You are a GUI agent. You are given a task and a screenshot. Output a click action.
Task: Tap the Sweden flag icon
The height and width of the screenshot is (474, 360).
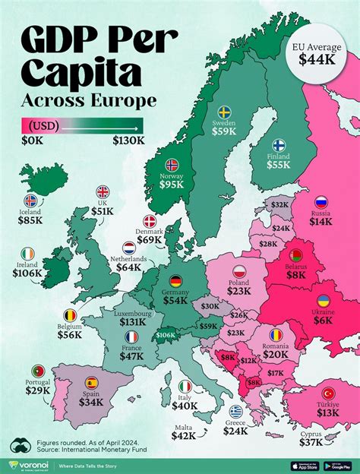(226, 111)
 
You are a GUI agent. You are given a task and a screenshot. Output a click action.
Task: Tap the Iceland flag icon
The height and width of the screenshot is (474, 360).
(30, 201)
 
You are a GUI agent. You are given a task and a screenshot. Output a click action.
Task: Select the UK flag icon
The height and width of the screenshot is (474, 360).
(102, 193)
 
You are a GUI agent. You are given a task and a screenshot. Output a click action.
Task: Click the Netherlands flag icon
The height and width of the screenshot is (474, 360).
(130, 248)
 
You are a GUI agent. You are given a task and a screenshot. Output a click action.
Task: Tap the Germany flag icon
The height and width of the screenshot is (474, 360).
(175, 281)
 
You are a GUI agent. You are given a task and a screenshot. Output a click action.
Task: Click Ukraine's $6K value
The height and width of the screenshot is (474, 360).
(323, 320)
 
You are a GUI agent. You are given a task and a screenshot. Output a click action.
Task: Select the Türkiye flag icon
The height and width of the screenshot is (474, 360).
(329, 393)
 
